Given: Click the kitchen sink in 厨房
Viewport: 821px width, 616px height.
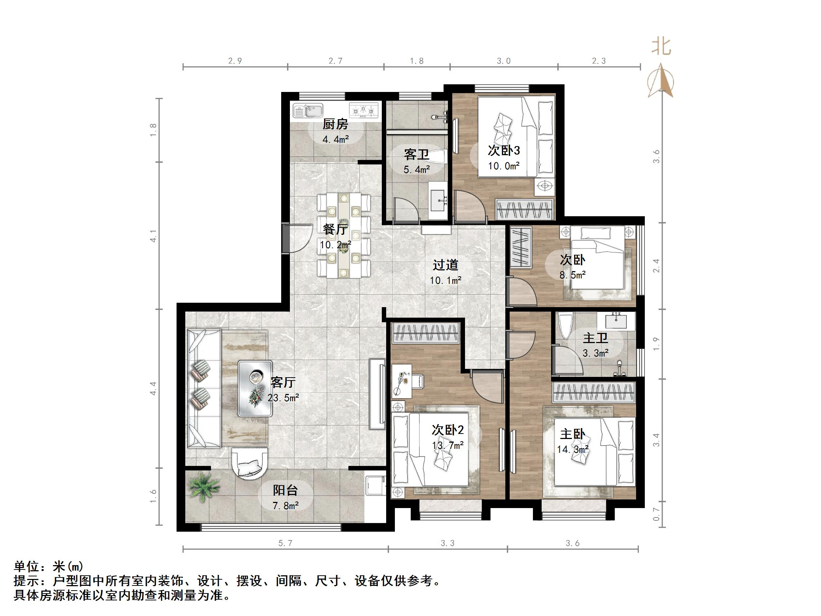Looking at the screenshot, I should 308,110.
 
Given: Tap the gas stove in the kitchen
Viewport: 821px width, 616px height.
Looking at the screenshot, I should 363,110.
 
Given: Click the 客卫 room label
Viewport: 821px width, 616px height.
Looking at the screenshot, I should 416,154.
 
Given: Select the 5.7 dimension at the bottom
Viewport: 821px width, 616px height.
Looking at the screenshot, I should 285,543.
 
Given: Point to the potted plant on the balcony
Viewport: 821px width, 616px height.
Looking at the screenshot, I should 204,486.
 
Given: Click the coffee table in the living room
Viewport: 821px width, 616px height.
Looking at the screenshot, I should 255,388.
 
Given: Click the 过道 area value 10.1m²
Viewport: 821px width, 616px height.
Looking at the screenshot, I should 445,280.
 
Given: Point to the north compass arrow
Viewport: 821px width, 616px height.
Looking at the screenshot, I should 660,80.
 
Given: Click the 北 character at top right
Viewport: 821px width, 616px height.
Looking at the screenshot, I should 661,47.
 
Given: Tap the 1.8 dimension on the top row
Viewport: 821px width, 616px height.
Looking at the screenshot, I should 416,61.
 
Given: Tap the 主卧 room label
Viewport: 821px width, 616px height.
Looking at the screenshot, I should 572,434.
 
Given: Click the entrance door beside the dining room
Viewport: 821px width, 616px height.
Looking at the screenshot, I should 286,238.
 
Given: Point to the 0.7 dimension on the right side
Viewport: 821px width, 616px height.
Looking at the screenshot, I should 656,514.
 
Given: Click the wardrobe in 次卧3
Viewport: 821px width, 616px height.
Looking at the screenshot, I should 525,210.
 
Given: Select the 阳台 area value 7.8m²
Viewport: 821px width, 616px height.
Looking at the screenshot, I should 286,506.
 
